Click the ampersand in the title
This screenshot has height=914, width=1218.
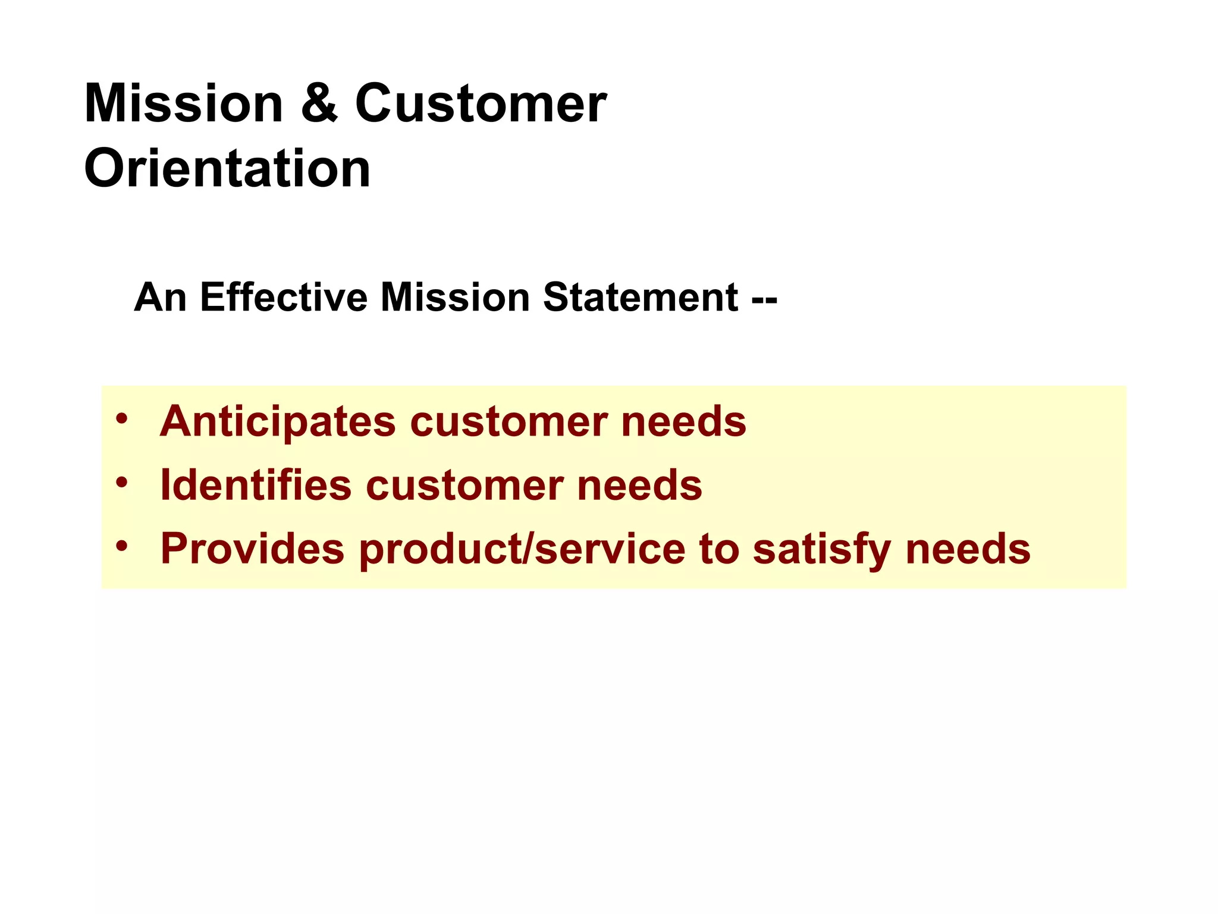click(319, 104)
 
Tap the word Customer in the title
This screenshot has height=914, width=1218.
click(481, 104)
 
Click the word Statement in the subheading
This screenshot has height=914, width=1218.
click(641, 297)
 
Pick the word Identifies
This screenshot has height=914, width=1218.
click(256, 485)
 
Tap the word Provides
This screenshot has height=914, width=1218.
click(253, 549)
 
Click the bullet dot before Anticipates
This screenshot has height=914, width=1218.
click(122, 418)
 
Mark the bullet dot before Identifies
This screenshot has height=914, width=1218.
click(122, 481)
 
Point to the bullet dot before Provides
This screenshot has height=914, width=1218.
click(122, 545)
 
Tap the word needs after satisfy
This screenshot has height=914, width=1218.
click(968, 549)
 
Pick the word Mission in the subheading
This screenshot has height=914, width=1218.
click(455, 297)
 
